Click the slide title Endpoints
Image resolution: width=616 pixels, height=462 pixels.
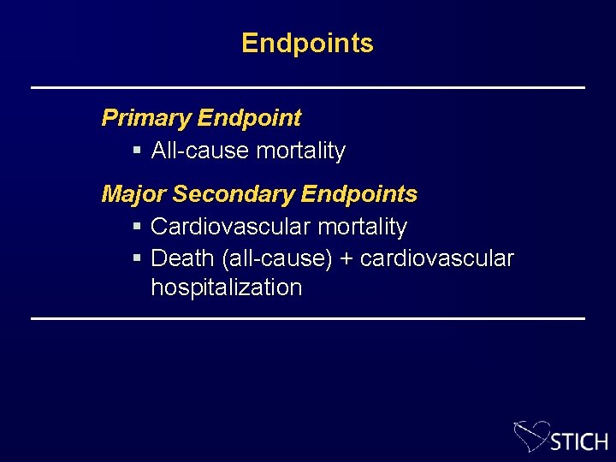[307, 43]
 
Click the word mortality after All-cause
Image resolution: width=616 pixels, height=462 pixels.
[300, 151]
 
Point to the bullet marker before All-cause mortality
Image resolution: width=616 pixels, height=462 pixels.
[138, 151]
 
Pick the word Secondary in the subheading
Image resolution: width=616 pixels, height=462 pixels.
[226, 194]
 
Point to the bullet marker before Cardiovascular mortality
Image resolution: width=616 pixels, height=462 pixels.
[138, 228]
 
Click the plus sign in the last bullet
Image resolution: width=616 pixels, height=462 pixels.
[346, 258]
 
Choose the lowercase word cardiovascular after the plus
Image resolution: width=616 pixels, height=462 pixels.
[437, 258]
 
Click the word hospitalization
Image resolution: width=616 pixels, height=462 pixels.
[226, 287]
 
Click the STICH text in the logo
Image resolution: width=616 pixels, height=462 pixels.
[579, 441]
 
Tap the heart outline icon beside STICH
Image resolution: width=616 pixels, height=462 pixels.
[530, 434]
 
